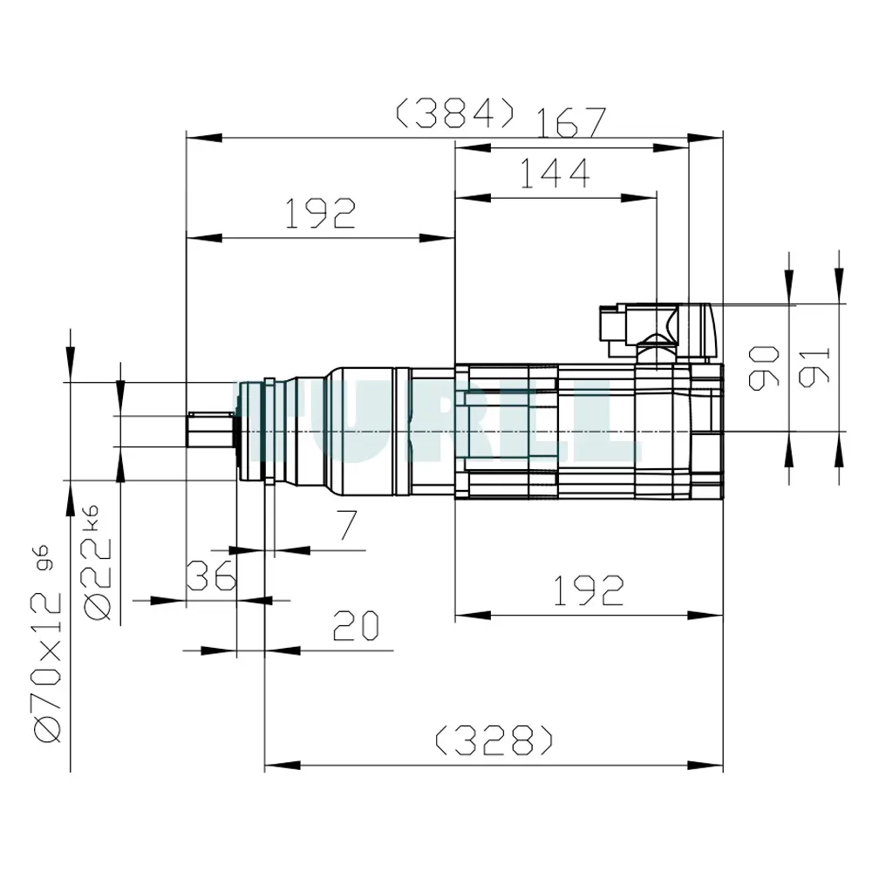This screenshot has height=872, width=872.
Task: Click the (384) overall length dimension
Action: click(x=454, y=113)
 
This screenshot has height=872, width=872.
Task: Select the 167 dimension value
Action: click(x=571, y=122)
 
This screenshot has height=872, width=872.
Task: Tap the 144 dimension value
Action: click(x=555, y=173)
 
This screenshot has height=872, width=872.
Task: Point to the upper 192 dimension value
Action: click(x=320, y=214)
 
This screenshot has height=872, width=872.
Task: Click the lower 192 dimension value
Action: click(x=589, y=590)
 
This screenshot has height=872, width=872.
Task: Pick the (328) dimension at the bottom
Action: click(x=494, y=740)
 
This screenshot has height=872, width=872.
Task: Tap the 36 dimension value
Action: click(x=211, y=576)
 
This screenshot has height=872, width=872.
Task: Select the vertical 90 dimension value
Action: click(x=764, y=368)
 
